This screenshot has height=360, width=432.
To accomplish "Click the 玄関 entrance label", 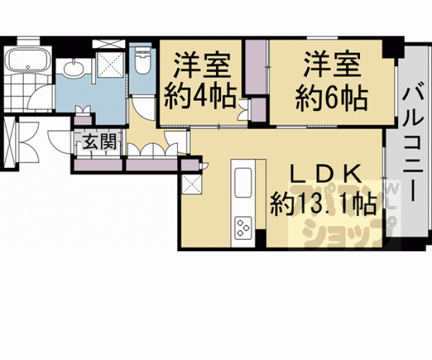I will coord(100,143).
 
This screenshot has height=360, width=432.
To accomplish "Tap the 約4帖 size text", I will coord(200,97).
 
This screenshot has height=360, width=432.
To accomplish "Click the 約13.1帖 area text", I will coord(323,203).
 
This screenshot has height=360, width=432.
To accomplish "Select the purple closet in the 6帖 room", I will coord(255,69).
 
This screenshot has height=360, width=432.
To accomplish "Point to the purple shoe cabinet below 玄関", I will coord(99,165).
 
